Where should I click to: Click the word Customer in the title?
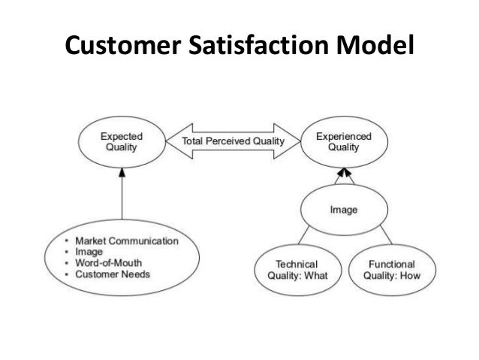(119, 47)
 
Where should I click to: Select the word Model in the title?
(376, 47)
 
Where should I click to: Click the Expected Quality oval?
(122, 142)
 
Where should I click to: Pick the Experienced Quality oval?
(342, 142)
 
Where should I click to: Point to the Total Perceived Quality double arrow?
(233, 142)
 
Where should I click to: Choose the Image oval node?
(343, 209)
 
